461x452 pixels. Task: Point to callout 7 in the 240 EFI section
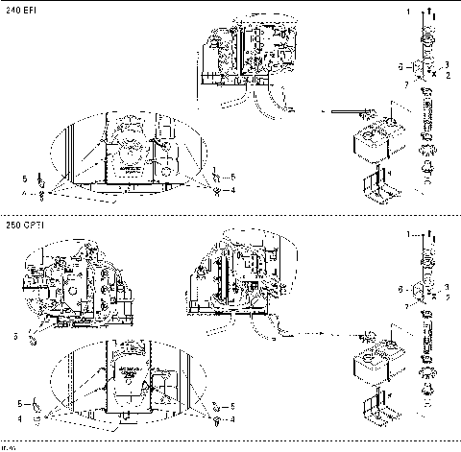pos(406,85)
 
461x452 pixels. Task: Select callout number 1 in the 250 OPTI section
pos(408,233)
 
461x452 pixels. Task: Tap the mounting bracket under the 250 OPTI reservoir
pos(376,407)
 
